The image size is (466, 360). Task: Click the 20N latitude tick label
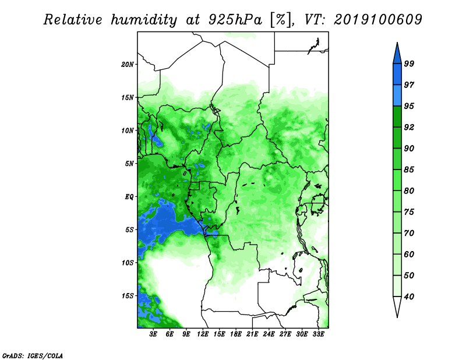click(128, 65)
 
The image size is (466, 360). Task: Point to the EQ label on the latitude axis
click(129, 197)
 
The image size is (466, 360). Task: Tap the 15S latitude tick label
click(128, 296)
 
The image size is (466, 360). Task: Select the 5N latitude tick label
click(129, 164)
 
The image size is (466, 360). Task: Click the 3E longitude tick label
click(153, 334)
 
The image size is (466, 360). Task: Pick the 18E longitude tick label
click(236, 334)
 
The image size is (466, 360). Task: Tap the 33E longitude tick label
click(318, 334)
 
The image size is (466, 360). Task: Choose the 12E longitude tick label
click(203, 334)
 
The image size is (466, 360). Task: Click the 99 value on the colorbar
click(409, 63)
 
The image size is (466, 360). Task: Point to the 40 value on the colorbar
click(409, 297)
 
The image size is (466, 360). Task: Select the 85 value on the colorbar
click(409, 170)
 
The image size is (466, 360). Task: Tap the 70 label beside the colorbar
click(409, 233)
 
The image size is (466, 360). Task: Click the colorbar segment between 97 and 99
click(397, 75)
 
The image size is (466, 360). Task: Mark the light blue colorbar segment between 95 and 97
click(397, 96)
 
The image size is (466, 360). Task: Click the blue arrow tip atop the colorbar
click(397, 43)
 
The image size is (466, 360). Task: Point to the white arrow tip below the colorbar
click(397, 317)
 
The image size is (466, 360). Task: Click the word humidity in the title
click(144, 20)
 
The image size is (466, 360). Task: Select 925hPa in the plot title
click(235, 20)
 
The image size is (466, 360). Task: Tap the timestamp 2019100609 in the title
click(377, 20)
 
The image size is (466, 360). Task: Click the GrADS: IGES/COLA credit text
click(33, 356)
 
